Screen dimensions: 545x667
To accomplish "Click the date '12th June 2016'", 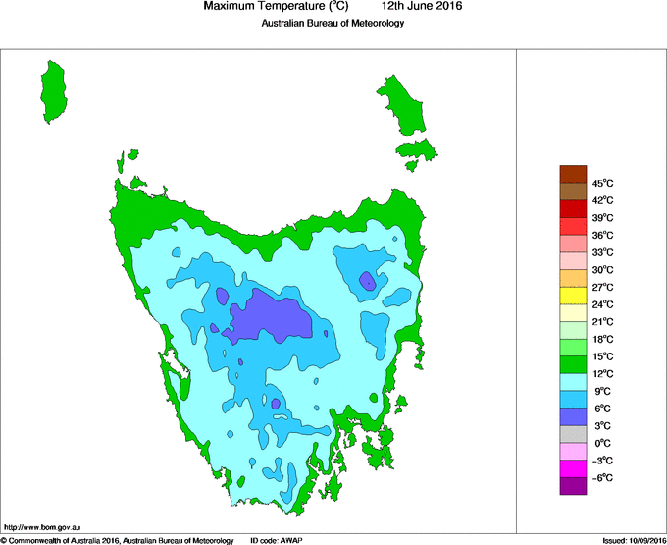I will [x=421, y=7].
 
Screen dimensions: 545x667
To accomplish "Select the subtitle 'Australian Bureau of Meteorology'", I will [x=333, y=24].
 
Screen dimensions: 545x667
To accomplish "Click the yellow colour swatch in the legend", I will [x=573, y=296].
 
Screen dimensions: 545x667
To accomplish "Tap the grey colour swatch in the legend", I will [x=573, y=434].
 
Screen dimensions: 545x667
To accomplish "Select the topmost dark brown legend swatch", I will [x=573, y=174].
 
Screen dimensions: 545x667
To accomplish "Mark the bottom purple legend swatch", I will [x=573, y=486].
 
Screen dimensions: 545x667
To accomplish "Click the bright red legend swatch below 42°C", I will [x=573, y=208].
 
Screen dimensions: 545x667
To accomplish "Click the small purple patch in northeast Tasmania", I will [x=367, y=281].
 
